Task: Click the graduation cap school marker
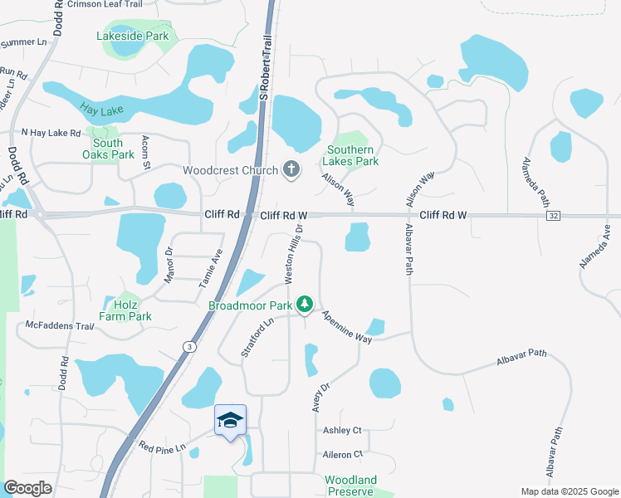tap(231, 421)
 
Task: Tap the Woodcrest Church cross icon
tap(291, 169)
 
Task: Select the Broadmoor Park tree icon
tap(306, 305)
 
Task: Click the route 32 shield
tap(553, 216)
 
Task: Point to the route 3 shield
tap(190, 346)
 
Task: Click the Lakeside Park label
tap(133, 36)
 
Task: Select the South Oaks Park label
tap(108, 149)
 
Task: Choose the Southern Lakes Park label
tap(353, 155)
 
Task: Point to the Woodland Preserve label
tap(350, 486)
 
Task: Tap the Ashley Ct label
tap(342, 430)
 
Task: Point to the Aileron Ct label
tap(343, 454)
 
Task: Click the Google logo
tap(28, 488)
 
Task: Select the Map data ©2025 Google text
tap(569, 491)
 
